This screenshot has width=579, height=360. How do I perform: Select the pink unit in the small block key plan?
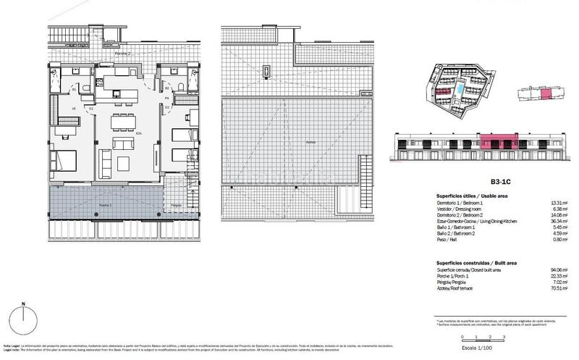546,93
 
